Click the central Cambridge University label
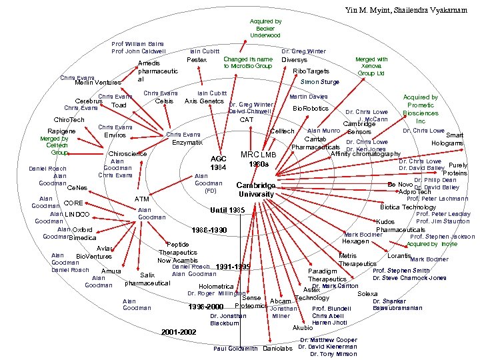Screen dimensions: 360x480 click(x=256, y=189)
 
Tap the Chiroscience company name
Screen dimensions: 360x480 click(x=127, y=153)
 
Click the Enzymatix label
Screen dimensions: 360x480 click(x=187, y=143)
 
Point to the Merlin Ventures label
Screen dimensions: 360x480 click(x=97, y=82)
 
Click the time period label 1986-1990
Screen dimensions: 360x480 click(x=209, y=230)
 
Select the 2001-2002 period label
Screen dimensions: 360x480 click(x=179, y=331)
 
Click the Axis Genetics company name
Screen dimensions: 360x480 click(x=204, y=101)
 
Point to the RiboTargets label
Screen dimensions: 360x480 click(x=311, y=71)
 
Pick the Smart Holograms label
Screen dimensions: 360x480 click(x=447, y=139)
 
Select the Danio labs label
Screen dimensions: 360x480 click(x=278, y=349)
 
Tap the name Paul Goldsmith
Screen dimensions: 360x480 click(x=235, y=349)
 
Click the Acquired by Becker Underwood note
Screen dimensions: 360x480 click(x=265, y=28)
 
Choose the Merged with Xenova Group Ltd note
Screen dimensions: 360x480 click(x=371, y=67)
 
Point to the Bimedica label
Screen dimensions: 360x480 click(x=83, y=237)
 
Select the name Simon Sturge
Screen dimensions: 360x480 click(x=320, y=82)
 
